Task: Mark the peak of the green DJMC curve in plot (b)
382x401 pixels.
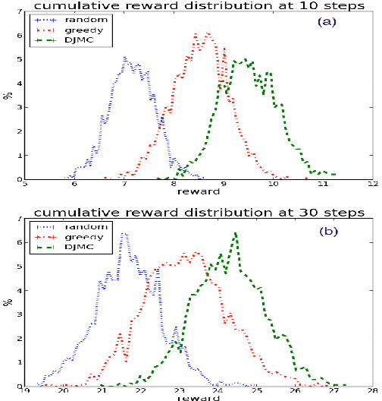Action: [236, 233]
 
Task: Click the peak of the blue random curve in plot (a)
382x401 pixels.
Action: [125, 57]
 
